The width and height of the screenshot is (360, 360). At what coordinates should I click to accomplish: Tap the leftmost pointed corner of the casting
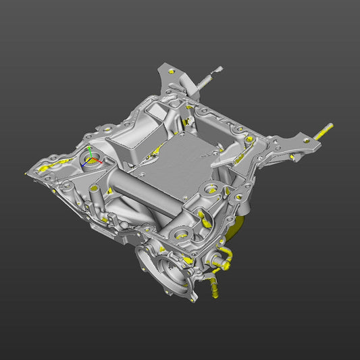[x=28, y=174]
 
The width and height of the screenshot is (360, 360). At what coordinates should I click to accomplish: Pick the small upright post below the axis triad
[x=94, y=196]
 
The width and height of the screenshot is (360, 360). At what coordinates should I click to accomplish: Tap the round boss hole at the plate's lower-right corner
[x=210, y=190]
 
